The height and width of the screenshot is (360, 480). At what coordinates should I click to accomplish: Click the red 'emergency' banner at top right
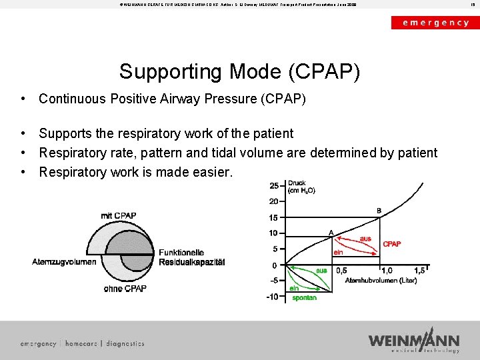tap(435, 22)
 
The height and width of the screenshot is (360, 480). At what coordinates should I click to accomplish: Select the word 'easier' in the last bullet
tap(212, 173)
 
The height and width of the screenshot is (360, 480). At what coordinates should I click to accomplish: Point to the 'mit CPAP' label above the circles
tap(119, 215)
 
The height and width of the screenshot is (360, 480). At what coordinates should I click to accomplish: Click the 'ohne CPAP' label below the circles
tap(125, 289)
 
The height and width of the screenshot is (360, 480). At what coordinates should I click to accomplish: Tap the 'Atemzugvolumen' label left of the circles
tap(64, 262)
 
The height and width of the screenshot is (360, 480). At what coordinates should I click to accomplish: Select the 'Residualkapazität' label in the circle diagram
tap(191, 263)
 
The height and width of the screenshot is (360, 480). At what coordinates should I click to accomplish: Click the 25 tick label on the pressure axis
tap(273, 185)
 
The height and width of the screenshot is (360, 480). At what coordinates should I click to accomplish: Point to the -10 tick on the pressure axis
tap(272, 297)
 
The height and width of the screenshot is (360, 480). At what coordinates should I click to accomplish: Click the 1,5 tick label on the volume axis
tap(419, 271)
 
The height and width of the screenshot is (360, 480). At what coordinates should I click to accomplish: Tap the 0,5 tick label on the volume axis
tap(341, 271)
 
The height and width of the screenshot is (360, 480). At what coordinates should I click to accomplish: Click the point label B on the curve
tap(379, 211)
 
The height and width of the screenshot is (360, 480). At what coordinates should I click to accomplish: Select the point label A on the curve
tap(331, 233)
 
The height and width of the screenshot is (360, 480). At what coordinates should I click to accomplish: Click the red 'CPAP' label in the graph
tap(392, 244)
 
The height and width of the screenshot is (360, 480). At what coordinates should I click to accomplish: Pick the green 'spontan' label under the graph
tap(305, 298)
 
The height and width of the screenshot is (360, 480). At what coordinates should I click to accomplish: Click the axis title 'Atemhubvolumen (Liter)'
tap(381, 281)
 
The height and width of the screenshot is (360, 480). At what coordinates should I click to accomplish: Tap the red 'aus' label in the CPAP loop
tap(365, 238)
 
